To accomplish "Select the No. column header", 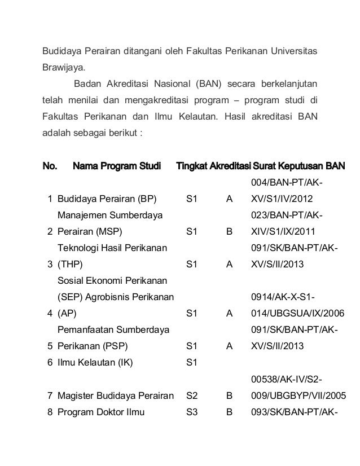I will tap(50, 166).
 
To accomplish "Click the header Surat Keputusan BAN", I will tap(299, 166).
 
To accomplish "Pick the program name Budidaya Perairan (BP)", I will tap(107, 199).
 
